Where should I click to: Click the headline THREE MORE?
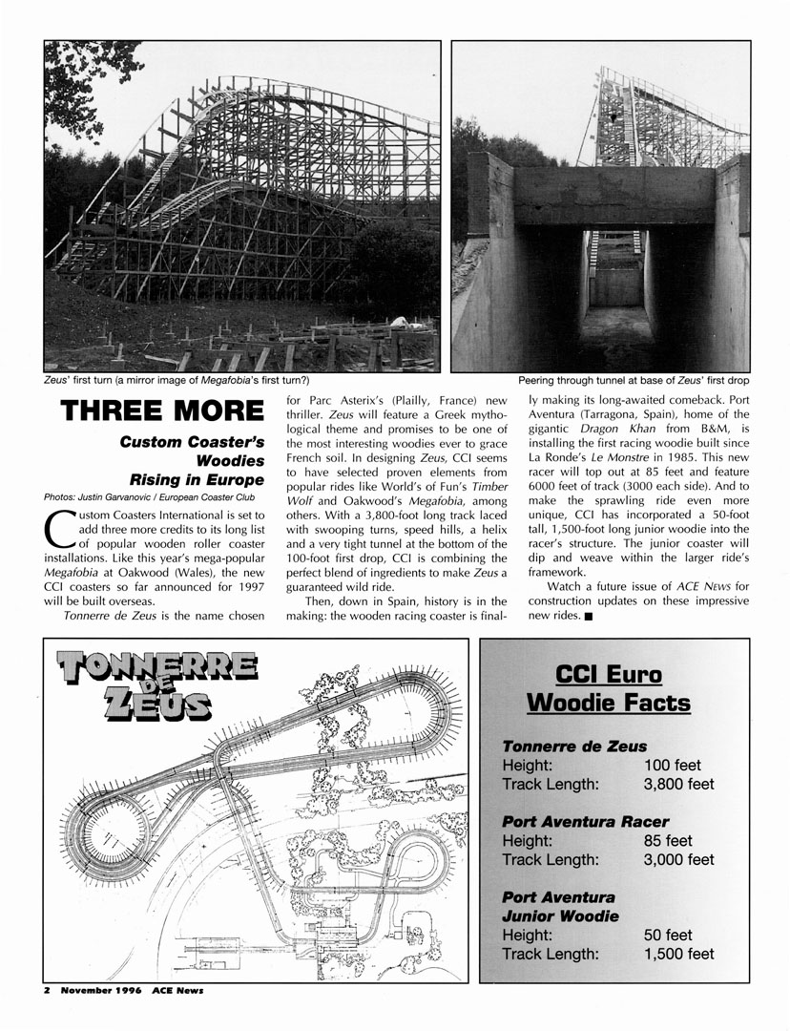coord(162,410)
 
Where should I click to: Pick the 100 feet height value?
coord(673,766)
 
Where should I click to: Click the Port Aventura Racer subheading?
coord(585,821)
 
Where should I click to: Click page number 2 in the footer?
coord(46,990)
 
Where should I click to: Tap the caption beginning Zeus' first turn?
coord(177,381)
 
